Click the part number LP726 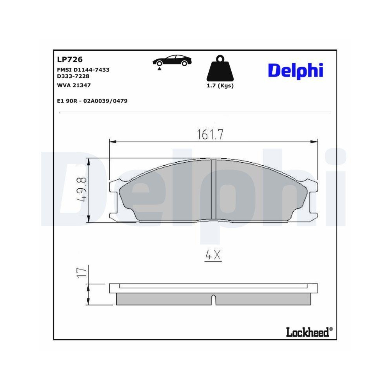click(x=69, y=59)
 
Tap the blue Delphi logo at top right click(x=296, y=71)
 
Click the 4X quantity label click(x=213, y=256)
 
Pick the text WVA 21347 click(x=71, y=85)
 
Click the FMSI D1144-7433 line click(x=83, y=69)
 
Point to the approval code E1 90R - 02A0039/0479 click(x=92, y=101)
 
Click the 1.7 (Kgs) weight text click(x=220, y=86)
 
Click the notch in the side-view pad click(x=213, y=300)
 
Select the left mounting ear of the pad click(x=115, y=199)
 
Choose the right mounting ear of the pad click(x=312, y=199)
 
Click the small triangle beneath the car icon click(x=159, y=69)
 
